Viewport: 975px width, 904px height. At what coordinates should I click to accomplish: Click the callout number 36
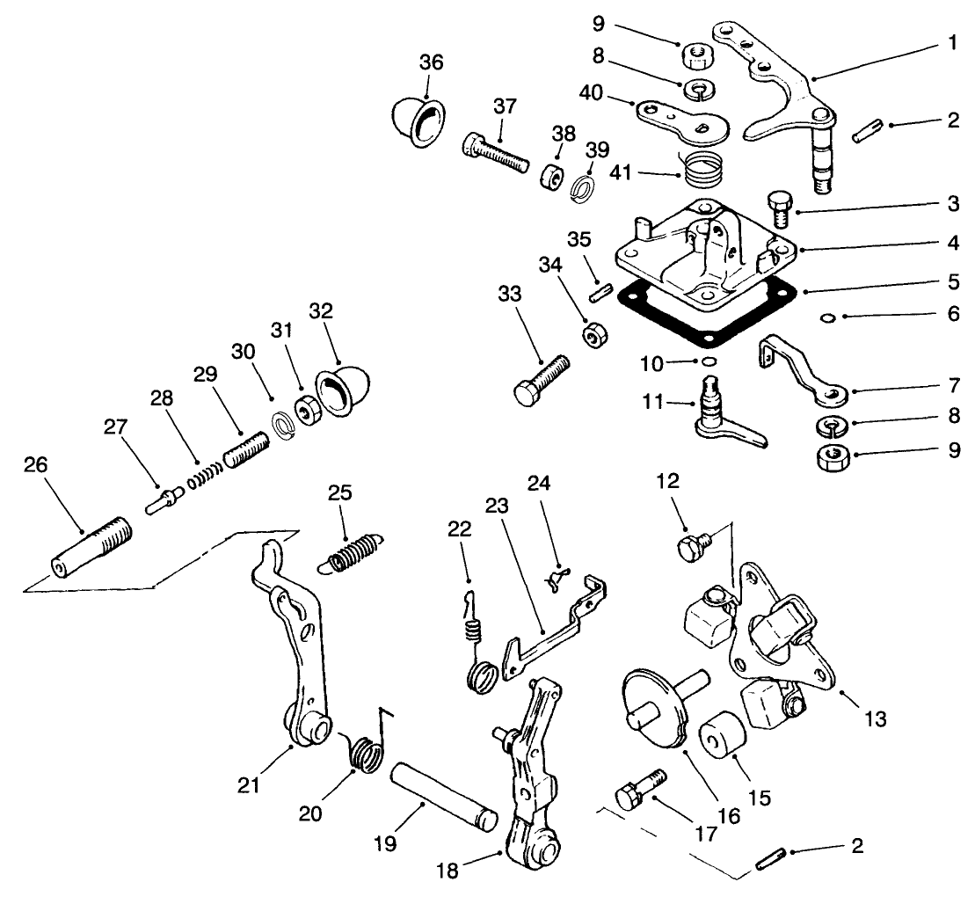point(431,63)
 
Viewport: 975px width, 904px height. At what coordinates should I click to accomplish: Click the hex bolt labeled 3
point(780,208)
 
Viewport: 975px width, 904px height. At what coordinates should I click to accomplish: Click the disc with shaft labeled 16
point(658,704)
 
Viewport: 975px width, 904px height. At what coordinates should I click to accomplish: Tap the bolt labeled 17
point(639,789)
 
